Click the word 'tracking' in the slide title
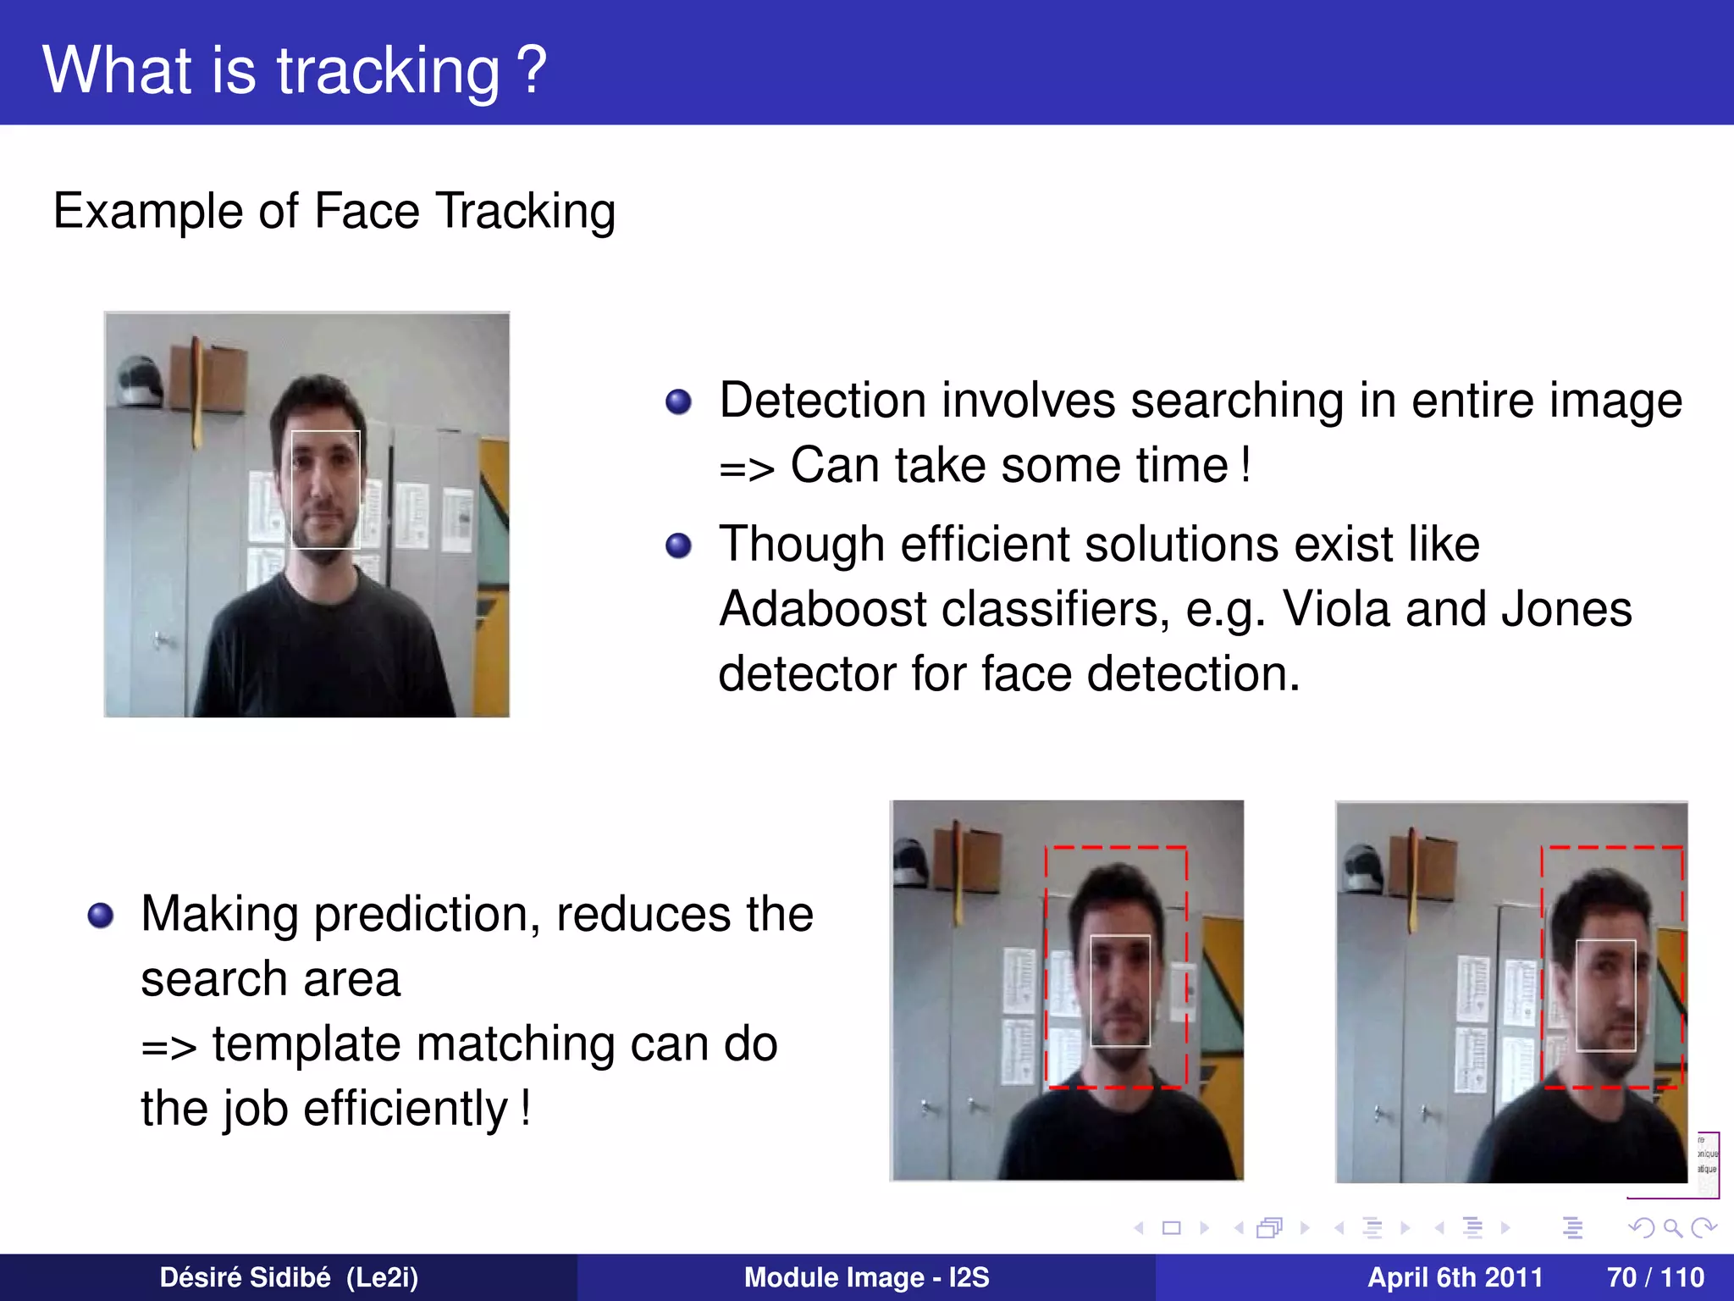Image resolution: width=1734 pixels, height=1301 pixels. (x=389, y=71)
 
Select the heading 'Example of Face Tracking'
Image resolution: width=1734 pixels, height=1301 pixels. (x=334, y=211)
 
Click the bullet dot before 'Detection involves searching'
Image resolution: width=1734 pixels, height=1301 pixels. (x=678, y=401)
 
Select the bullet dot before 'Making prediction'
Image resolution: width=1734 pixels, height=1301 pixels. (x=100, y=916)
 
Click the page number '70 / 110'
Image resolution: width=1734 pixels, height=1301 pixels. (x=1654, y=1277)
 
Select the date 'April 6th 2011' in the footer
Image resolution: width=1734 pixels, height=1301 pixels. (x=1455, y=1277)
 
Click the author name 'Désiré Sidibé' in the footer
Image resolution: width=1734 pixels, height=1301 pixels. (x=245, y=1277)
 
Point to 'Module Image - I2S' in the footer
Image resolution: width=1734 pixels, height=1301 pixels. (x=866, y=1277)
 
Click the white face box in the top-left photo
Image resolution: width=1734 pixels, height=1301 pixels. (x=326, y=490)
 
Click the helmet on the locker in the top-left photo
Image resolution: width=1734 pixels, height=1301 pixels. (x=139, y=381)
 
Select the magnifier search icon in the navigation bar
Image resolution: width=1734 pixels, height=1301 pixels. (x=1672, y=1227)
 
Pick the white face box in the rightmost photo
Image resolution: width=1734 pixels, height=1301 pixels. (x=1605, y=994)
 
